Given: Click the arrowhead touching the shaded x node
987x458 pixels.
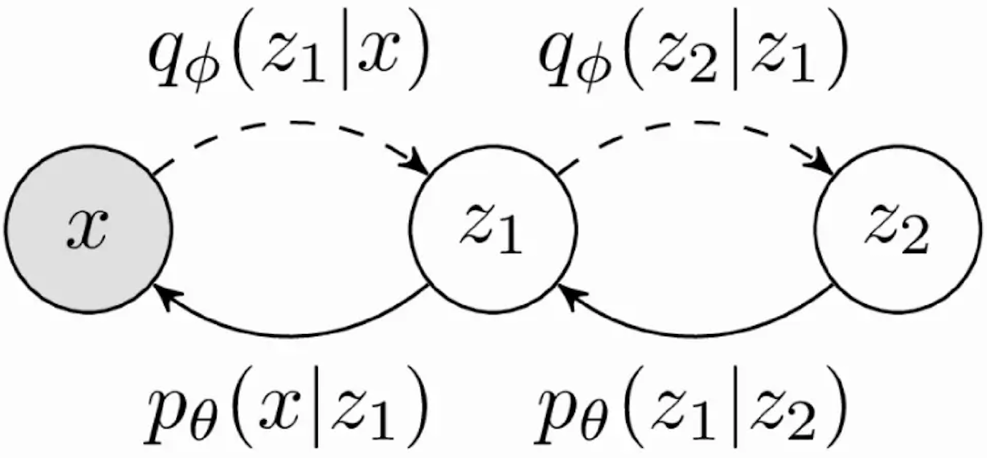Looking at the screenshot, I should click(162, 295).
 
